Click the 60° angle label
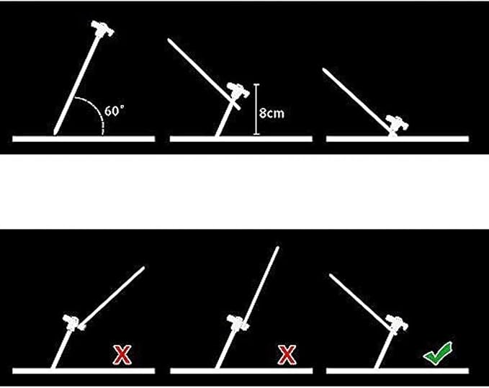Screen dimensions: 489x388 (114, 111)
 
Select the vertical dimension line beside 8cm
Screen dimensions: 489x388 (256, 109)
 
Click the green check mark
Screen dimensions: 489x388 (438, 353)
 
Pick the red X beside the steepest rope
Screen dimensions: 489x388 (287, 355)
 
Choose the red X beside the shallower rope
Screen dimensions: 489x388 (122, 355)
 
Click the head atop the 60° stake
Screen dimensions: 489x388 (102, 28)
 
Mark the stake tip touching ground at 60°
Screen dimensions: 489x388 (55, 133)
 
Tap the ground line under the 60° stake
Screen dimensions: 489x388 (84, 139)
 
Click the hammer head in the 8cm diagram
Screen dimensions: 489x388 (238, 90)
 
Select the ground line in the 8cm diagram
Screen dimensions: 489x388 (241, 139)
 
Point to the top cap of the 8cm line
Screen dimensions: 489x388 (256, 84)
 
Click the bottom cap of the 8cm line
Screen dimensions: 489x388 (256, 135)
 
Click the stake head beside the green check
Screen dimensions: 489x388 (397, 323)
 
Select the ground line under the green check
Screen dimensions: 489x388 (398, 371)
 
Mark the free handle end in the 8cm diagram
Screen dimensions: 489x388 (169, 40)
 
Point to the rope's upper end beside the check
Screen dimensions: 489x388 (331, 275)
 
